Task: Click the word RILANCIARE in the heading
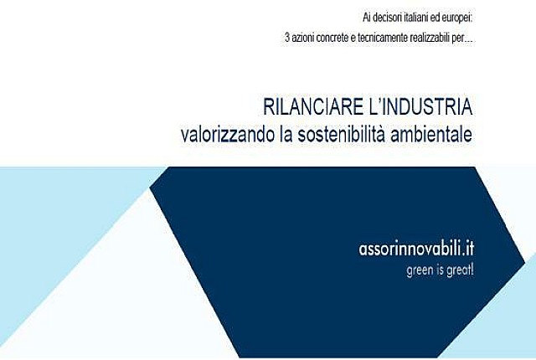click(313, 106)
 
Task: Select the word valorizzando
click(228, 135)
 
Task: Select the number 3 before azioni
click(287, 38)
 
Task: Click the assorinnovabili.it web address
click(416, 249)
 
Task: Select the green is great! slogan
click(440, 270)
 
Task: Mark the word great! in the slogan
click(460, 270)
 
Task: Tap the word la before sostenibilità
click(286, 134)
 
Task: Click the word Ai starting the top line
click(367, 18)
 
